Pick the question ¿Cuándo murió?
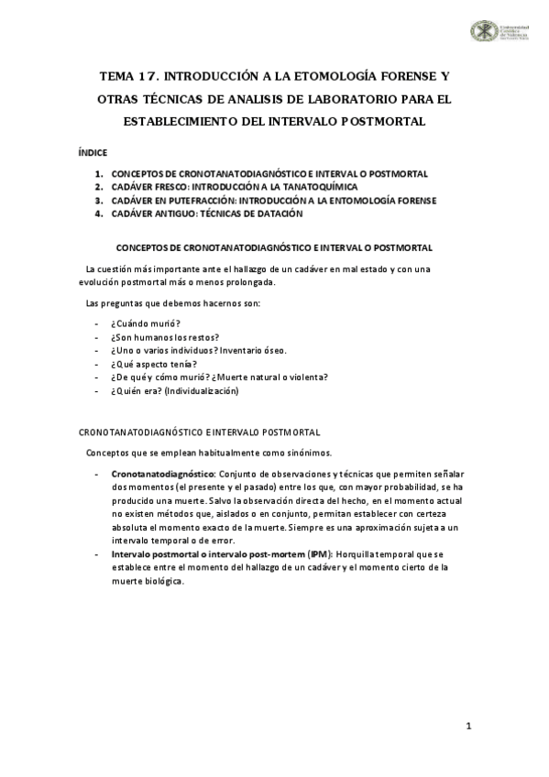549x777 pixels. [x=146, y=323]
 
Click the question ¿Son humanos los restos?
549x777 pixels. [x=166, y=337]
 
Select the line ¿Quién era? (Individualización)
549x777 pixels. [x=174, y=391]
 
